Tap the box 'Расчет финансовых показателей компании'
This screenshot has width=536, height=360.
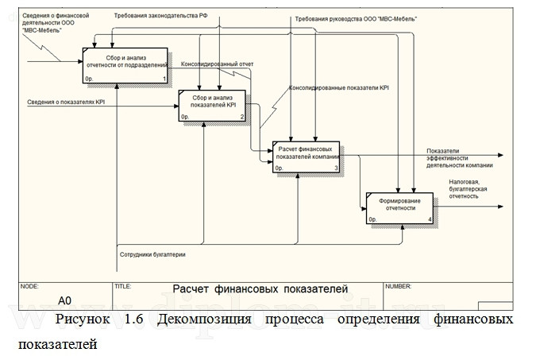306,156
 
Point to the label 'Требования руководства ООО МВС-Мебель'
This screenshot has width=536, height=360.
355,17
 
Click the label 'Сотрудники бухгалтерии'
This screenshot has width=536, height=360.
152,254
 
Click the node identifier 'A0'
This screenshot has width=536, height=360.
65,300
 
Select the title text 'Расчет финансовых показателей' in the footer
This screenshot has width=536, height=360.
260,289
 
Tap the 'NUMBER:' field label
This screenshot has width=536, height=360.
398,284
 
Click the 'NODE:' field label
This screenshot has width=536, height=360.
29,284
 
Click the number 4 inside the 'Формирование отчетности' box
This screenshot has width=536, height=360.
430,220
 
